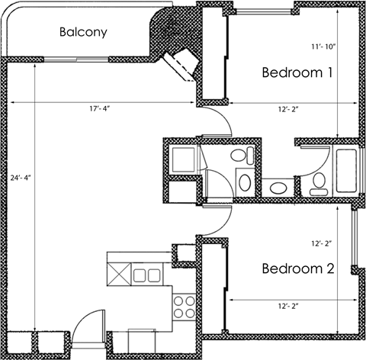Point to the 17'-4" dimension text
point(99,110)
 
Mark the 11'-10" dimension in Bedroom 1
point(323,45)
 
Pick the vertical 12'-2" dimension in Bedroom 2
point(323,245)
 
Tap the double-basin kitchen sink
point(146,275)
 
